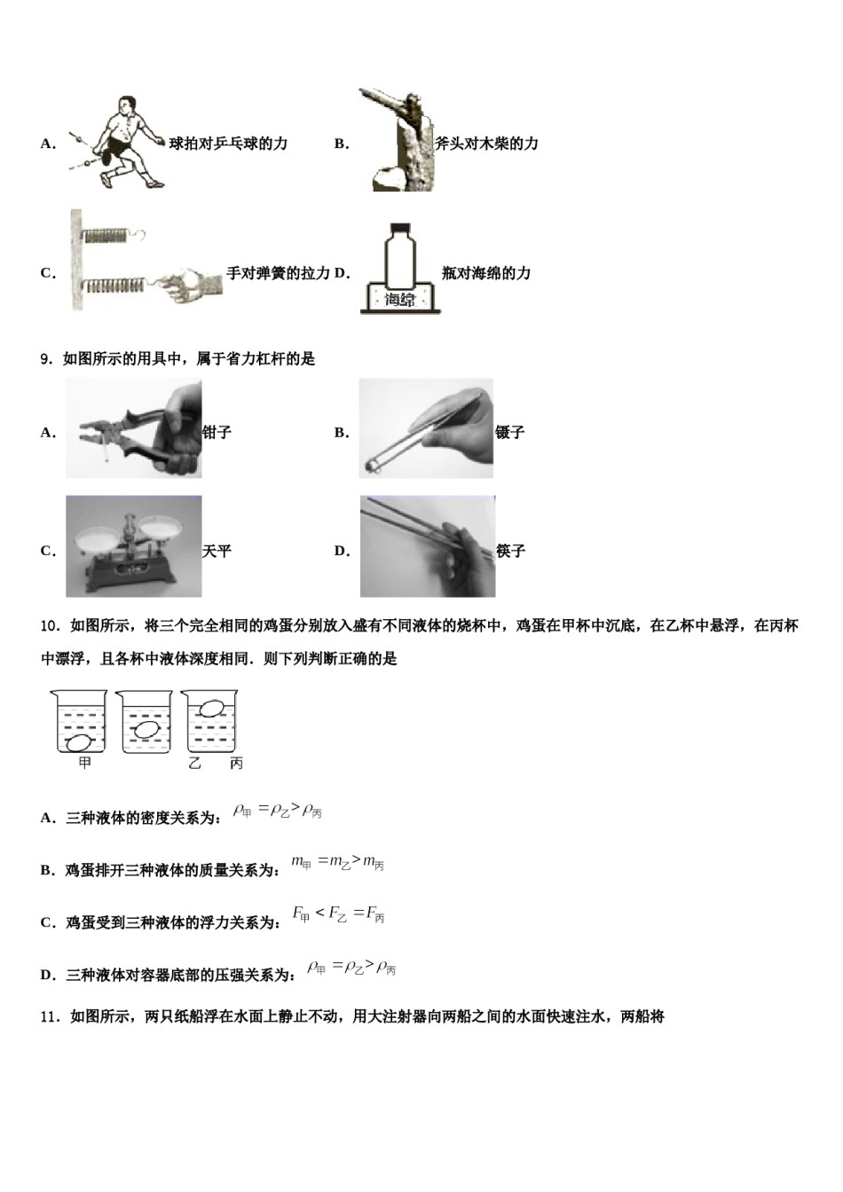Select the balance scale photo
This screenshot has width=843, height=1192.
click(133, 546)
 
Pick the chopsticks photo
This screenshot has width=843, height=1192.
click(427, 546)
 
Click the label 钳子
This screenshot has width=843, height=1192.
click(217, 433)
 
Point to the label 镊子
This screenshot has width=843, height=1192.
click(510, 433)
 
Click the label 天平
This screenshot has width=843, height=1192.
click(217, 551)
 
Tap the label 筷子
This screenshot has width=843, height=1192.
click(511, 551)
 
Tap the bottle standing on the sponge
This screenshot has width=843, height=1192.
click(400, 254)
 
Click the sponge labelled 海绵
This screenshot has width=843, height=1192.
click(400, 300)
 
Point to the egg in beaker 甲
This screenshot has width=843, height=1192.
click(80, 742)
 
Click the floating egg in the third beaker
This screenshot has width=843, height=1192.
click(210, 708)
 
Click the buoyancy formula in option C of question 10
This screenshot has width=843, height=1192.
click(338, 914)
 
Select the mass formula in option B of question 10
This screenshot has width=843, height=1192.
click(337, 862)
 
